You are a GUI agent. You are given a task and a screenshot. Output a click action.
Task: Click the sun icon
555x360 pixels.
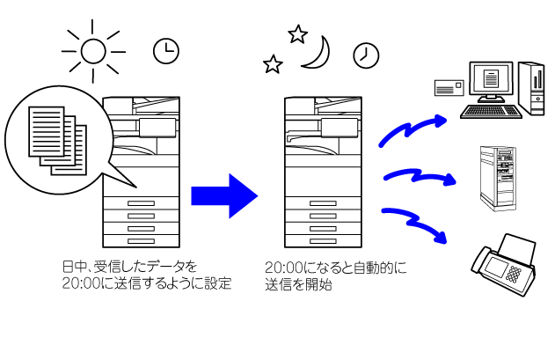pyautogui.click(x=92, y=50)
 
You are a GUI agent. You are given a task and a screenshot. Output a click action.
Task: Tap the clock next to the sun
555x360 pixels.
pyautogui.click(x=164, y=51)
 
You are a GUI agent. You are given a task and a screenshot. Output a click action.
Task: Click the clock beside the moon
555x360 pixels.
pyautogui.click(x=365, y=55)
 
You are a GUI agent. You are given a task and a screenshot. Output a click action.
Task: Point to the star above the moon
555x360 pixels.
pyautogui.click(x=297, y=34)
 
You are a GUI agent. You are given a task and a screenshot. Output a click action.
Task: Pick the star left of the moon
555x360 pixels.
pyautogui.click(x=274, y=64)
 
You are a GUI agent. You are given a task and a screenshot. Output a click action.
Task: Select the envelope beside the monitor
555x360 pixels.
pyautogui.click(x=449, y=86)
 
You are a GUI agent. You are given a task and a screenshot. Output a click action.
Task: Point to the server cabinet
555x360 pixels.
pyautogui.click(x=497, y=177)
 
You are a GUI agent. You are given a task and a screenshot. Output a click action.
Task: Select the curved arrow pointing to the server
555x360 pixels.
pyautogui.click(x=420, y=177)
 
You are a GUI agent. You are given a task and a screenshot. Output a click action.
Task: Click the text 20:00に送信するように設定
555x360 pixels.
pyautogui.click(x=146, y=284)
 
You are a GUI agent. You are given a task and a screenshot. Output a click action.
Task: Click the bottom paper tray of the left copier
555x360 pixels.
pyautogui.click(x=142, y=241)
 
